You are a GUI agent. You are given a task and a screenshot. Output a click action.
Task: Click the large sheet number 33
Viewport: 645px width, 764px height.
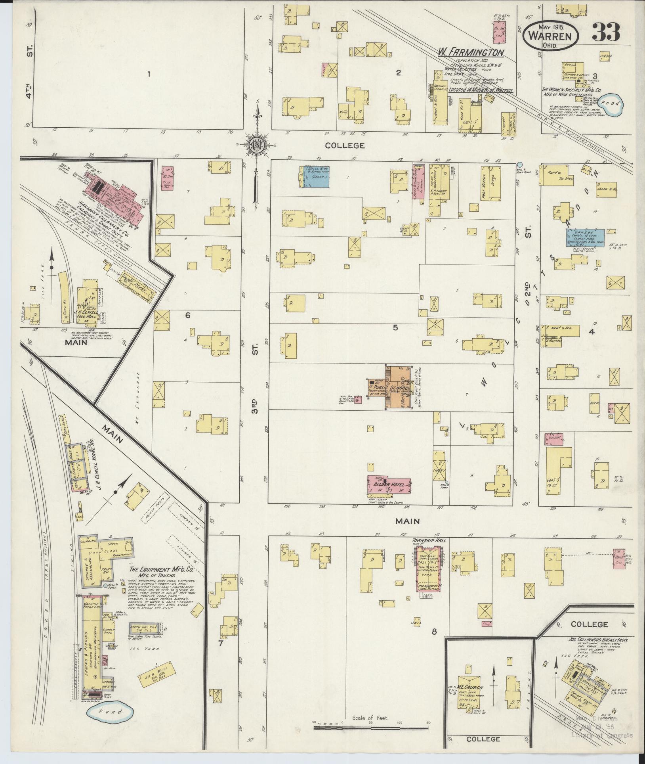606,33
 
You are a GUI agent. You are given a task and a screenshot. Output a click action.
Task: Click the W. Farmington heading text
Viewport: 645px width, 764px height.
470,52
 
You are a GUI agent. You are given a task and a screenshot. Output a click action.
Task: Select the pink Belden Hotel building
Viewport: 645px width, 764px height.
388,485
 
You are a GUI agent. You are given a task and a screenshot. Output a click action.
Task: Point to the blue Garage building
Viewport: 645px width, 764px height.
582,239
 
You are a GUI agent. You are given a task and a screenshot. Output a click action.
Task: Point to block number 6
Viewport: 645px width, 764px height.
188,316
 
